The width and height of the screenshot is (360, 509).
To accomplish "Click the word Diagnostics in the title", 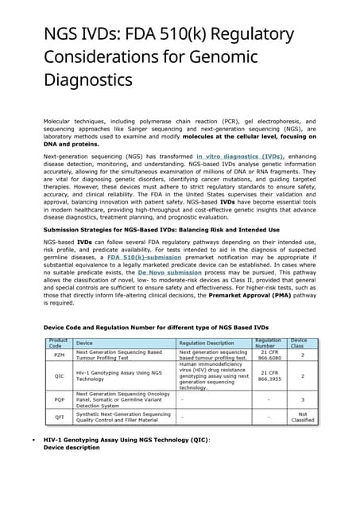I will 88,81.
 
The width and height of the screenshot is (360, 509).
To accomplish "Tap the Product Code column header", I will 58,343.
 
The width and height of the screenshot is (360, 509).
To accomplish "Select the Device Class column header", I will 299,343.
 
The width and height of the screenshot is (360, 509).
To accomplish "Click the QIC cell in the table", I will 58,375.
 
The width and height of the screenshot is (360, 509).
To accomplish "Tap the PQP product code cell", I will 58,399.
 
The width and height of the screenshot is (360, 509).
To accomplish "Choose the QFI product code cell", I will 58,416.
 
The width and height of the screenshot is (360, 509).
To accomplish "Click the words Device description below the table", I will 72,448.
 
